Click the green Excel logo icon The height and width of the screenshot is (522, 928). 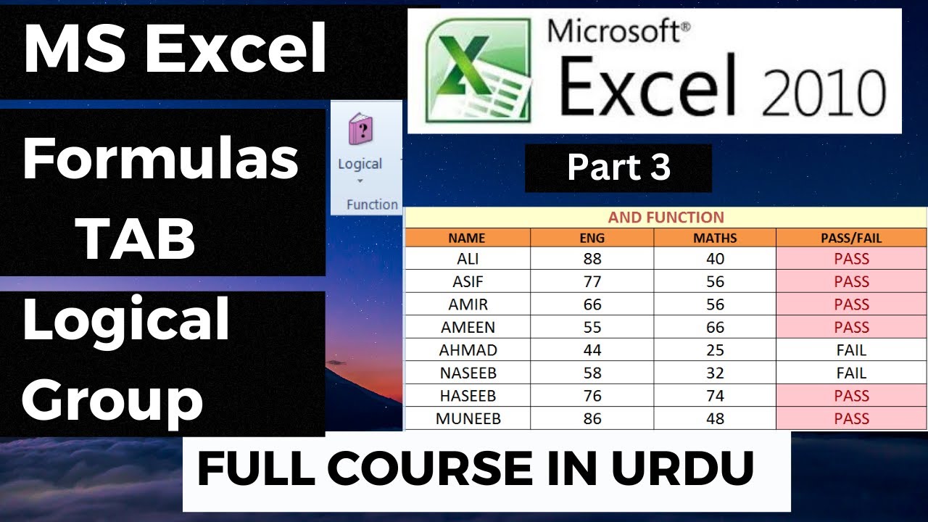(476, 70)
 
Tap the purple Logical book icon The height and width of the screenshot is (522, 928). (360, 130)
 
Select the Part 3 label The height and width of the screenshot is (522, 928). (618, 167)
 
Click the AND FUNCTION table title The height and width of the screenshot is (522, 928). (666, 217)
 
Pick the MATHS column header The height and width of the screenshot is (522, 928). (714, 238)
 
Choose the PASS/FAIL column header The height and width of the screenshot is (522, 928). (851, 238)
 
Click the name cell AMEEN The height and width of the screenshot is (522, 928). (468, 327)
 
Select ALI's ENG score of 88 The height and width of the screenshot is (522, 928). (592, 259)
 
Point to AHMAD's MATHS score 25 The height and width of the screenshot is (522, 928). (715, 350)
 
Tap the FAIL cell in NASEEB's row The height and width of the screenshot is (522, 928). (851, 373)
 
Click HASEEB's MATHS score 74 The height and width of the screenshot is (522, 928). (715, 396)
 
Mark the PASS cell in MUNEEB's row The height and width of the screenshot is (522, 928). (851, 418)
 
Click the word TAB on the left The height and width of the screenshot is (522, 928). (137, 240)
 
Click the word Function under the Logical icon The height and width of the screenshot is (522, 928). (372, 204)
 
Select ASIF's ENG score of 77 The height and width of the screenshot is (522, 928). (592, 281)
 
